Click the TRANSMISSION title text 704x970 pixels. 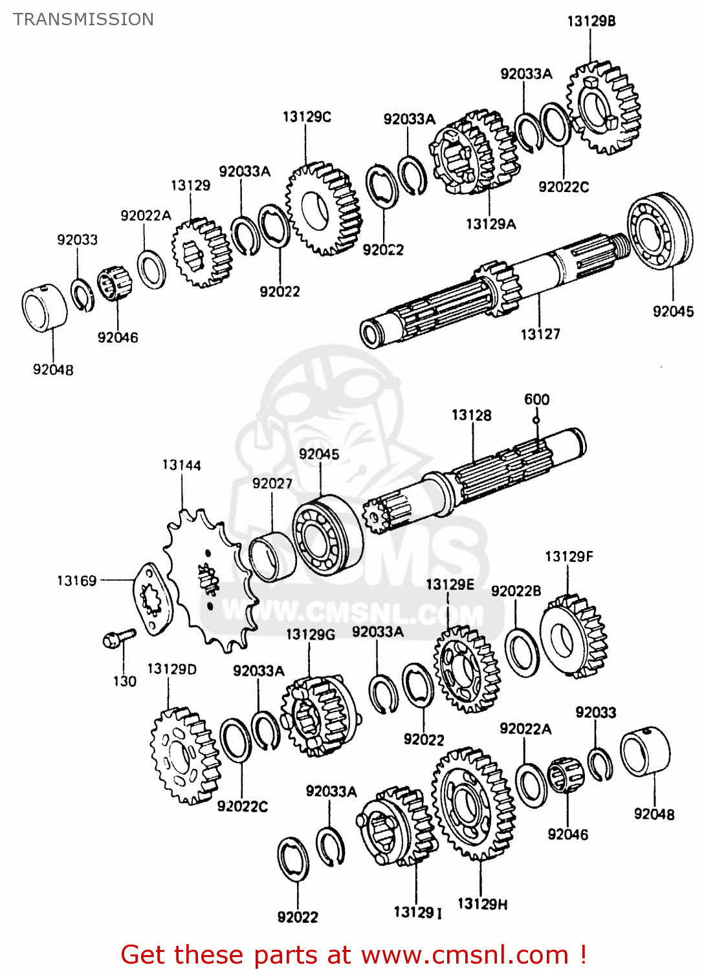click(83, 19)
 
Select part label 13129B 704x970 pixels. click(591, 21)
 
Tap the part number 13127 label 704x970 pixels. click(540, 334)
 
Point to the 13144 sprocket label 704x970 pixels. click(181, 465)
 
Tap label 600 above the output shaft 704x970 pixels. click(536, 400)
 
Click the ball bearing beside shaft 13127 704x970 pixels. click(659, 230)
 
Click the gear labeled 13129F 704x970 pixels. click(574, 636)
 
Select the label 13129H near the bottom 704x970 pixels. click(482, 903)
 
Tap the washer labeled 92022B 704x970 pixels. click(522, 653)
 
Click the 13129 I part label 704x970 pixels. click(417, 912)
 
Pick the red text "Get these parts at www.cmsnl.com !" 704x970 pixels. click(353, 954)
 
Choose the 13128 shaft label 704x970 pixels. click(471, 415)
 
